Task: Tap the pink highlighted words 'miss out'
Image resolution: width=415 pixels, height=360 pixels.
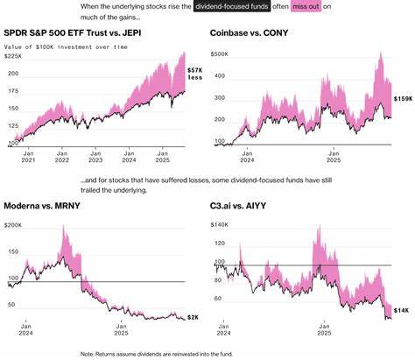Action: point(309,8)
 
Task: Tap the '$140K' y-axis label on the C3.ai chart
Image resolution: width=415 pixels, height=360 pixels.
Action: point(222,225)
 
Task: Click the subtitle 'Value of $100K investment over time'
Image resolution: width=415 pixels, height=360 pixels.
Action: point(66,45)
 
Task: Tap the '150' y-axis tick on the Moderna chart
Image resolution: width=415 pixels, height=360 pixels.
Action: point(11,253)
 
